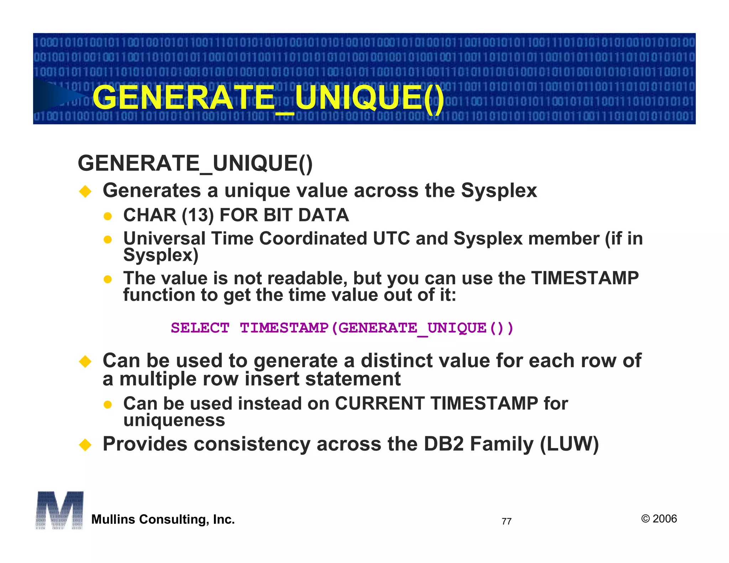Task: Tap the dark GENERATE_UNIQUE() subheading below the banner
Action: (x=195, y=163)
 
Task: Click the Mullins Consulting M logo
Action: (x=59, y=510)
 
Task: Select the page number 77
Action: (x=506, y=521)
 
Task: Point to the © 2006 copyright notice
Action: (x=659, y=519)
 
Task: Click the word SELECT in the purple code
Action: (x=200, y=328)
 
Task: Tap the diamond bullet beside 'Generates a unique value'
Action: (x=85, y=191)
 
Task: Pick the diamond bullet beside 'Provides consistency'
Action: (x=85, y=444)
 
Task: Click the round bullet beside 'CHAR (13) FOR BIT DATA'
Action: (x=107, y=216)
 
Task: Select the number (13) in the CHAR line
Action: (x=198, y=215)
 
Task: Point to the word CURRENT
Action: (x=379, y=404)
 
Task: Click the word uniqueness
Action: (x=174, y=420)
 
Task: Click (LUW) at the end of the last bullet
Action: (x=569, y=444)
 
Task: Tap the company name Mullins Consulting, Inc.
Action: (x=163, y=519)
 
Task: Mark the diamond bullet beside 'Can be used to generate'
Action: (x=85, y=362)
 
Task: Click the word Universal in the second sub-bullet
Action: (x=164, y=238)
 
